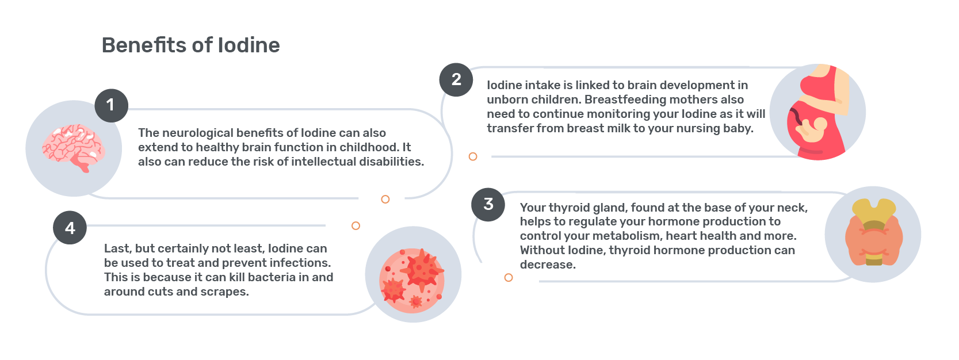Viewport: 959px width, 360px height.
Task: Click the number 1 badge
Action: (x=111, y=105)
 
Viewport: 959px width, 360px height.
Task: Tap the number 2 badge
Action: (x=456, y=79)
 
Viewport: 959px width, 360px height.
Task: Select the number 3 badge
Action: (x=488, y=205)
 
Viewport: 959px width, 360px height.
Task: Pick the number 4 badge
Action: (x=70, y=228)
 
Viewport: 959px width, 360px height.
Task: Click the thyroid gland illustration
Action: (x=873, y=232)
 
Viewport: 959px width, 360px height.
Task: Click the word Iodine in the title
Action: (x=249, y=45)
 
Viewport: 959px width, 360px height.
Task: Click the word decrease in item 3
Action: (x=548, y=265)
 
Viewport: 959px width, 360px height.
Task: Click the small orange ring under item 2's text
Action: (x=473, y=156)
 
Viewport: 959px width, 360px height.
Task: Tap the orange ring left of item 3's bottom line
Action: (x=508, y=278)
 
